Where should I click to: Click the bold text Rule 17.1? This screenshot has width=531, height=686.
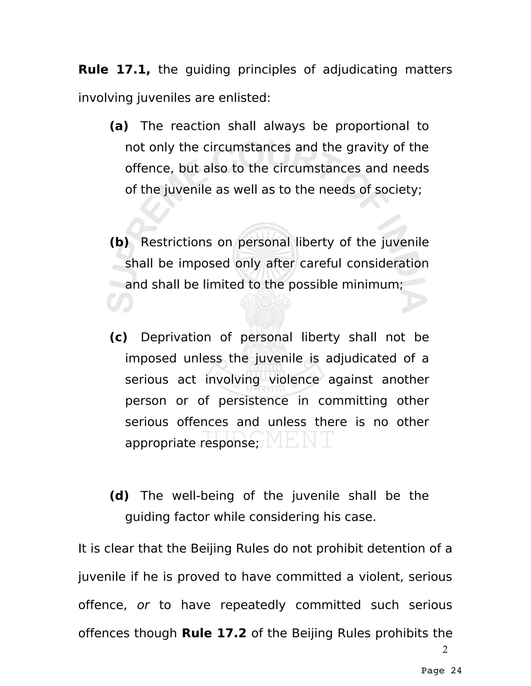coord(114,69)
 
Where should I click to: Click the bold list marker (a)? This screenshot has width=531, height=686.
coord(119,126)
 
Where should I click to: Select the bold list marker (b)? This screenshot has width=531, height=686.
coord(119,242)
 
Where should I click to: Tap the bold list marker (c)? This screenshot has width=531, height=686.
coord(118,337)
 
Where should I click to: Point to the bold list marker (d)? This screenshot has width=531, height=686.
coord(119,496)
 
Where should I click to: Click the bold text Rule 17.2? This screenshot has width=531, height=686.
coord(214,633)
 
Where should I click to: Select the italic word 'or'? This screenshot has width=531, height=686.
coord(143,605)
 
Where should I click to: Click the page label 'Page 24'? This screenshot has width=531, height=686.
coord(441,671)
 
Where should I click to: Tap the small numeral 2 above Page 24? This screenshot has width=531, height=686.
coord(445,649)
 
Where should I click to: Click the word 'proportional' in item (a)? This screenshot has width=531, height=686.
coord(372,126)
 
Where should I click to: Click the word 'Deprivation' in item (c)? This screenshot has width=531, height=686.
coord(176,337)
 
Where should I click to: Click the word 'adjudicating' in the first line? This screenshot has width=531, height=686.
coord(360,69)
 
